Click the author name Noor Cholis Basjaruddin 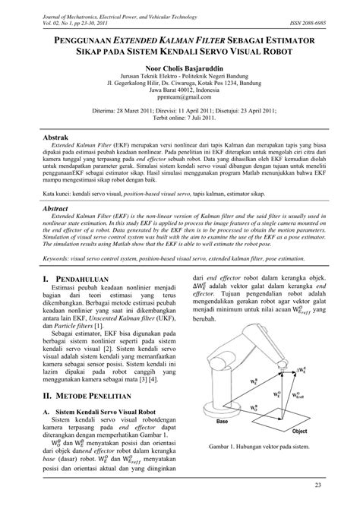[x=180, y=68]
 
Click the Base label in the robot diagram [x=223, y=420]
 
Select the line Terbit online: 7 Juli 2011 [x=180, y=120]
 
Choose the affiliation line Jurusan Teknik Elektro [x=180, y=79]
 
